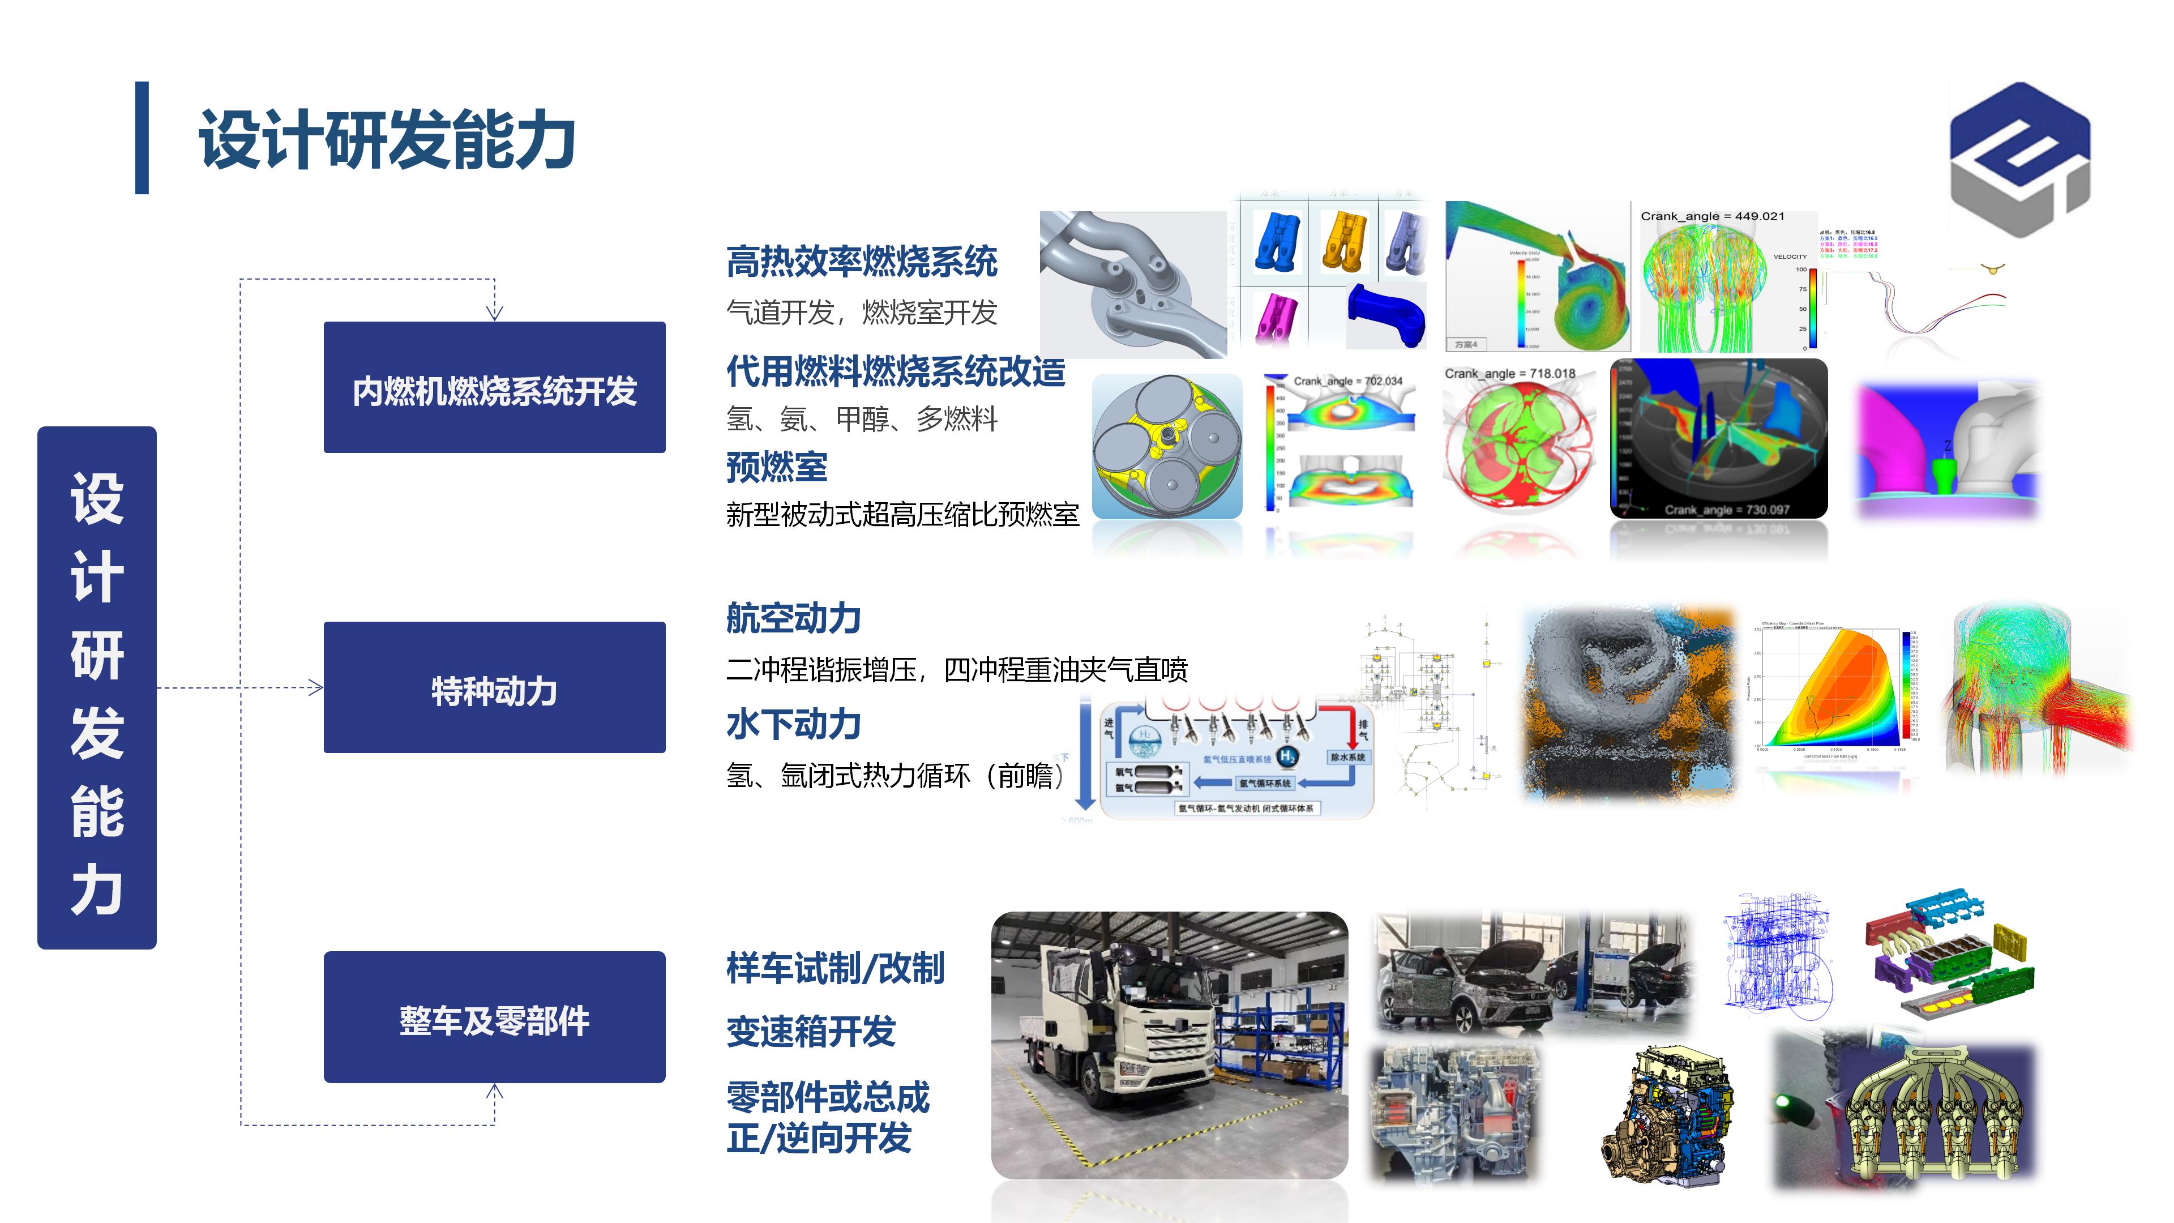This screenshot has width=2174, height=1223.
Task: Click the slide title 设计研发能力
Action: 387,139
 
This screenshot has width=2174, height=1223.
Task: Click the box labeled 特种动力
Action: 495,688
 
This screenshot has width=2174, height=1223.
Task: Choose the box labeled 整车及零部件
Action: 495,1018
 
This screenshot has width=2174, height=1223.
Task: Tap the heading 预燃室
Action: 776,467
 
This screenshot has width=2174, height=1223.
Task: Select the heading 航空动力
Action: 793,619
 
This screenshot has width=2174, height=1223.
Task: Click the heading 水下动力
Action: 793,724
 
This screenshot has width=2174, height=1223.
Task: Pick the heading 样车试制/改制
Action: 834,968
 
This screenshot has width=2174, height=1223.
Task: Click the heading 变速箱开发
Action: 810,1032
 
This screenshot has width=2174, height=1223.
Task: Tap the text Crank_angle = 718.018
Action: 1509,374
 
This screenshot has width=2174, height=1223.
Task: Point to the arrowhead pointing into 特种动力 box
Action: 316,688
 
